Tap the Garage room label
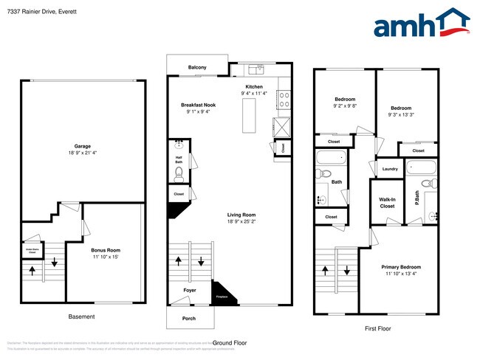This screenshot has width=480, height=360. point(82,146)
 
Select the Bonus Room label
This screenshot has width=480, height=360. point(106,250)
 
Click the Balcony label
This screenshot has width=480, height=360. point(197,68)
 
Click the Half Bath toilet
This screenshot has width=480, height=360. point(179,174)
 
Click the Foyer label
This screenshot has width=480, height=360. point(190,291)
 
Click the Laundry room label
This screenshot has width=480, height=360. point(391,169)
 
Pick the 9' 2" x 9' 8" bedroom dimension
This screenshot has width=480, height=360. point(345,106)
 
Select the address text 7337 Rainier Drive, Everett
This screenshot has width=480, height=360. point(44,13)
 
